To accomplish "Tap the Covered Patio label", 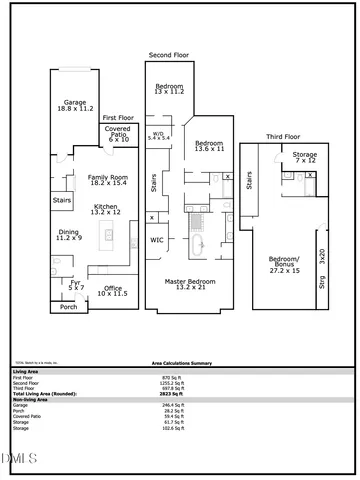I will click(x=119, y=135).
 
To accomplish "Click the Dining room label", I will click(x=68, y=236).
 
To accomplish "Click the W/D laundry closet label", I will click(x=158, y=134).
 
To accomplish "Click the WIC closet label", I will click(x=157, y=240).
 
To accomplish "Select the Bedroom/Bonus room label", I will click(x=285, y=266).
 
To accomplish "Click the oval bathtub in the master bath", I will click(x=198, y=244).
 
